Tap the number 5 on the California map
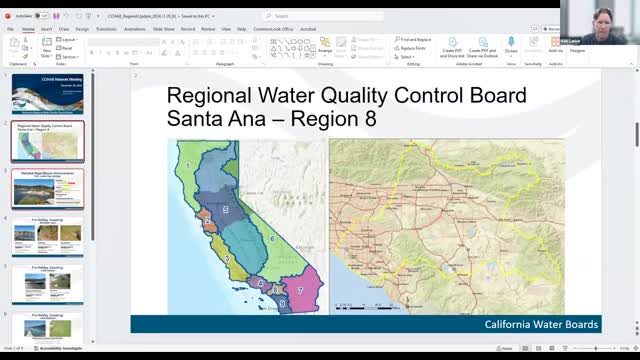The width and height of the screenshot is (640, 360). click(226, 209)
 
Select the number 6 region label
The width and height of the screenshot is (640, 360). click(272, 239)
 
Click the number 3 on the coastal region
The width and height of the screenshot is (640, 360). click(228, 258)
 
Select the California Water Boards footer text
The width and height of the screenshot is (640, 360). click(541, 324)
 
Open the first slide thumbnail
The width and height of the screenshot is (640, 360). click(47, 93)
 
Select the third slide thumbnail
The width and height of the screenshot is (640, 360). click(47, 188)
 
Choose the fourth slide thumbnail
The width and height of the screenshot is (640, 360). click(47, 236)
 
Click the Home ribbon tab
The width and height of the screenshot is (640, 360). click(28, 29)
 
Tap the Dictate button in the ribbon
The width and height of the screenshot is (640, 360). click(511, 46)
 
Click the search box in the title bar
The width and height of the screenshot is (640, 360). click(320, 16)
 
